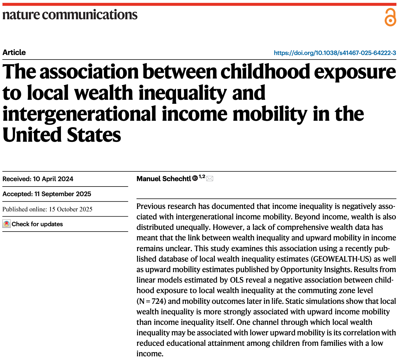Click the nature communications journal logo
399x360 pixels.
tap(70, 15)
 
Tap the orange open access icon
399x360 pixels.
tap(390, 17)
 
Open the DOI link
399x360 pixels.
tap(335, 53)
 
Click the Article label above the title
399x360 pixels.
tap(14, 52)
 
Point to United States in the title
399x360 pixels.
tap(62, 135)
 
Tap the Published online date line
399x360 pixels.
tap(47, 209)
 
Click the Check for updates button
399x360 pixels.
tap(33, 224)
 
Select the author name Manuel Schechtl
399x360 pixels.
tap(164, 179)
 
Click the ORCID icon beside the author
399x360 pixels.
tap(195, 178)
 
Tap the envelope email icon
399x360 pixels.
tap(210, 179)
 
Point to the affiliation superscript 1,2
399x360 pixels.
tap(202, 177)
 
